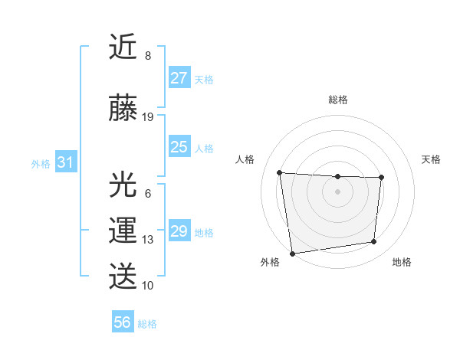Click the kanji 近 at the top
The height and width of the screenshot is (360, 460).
(x=123, y=48)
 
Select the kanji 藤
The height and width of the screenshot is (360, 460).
(x=123, y=108)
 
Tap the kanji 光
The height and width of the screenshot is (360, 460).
(x=123, y=185)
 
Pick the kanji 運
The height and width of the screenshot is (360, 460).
(x=123, y=231)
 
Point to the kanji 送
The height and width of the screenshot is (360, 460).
(x=123, y=276)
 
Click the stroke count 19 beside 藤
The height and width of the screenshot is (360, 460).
(x=148, y=117)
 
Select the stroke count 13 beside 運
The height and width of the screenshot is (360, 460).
(x=148, y=240)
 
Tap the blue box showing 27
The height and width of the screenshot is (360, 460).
(x=179, y=78)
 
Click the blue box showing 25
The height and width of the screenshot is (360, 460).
(x=179, y=147)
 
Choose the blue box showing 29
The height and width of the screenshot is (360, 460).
(x=179, y=231)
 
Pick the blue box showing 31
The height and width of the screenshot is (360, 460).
(x=65, y=162)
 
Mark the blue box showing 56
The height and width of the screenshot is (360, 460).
(x=122, y=322)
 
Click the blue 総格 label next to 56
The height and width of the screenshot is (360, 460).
(x=147, y=324)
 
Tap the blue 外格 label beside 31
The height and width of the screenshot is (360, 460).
(x=41, y=164)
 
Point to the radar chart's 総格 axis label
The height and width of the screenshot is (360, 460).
(x=338, y=100)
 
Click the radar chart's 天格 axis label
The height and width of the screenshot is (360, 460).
(x=431, y=159)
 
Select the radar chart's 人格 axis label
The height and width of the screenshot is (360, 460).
(x=245, y=159)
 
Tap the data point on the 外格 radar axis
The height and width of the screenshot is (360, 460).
(x=292, y=253)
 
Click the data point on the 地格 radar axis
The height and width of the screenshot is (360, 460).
(x=374, y=242)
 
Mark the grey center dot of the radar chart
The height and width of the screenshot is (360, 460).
(x=337, y=191)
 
